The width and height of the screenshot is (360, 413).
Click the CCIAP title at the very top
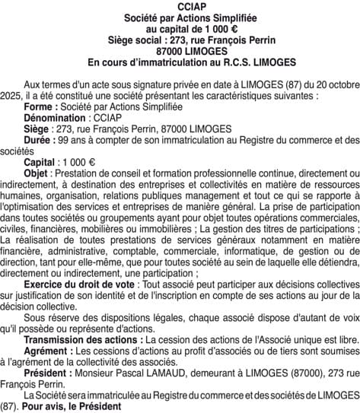point(180,6)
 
